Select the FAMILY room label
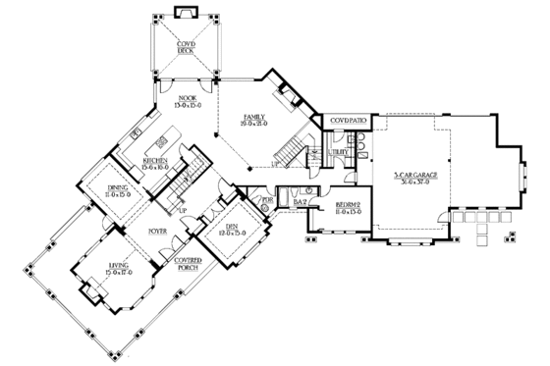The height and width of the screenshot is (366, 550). pos(256,120)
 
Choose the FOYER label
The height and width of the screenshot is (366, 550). pos(159,234)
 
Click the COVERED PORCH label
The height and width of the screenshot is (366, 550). pos(189,263)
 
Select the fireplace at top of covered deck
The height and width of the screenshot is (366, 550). pos(184,12)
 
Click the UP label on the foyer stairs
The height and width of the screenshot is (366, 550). pos(182,209)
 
